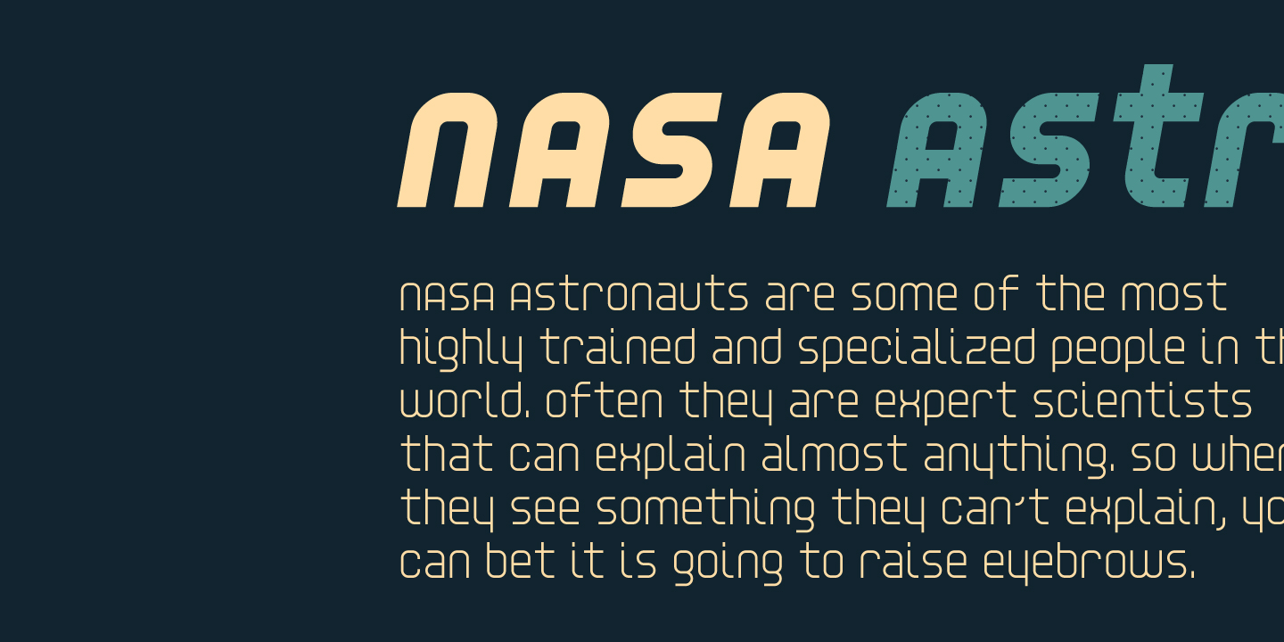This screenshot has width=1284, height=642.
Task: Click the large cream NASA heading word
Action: (x=613, y=150)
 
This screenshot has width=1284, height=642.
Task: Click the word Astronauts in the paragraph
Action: (x=629, y=296)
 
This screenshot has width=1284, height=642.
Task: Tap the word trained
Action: (x=618, y=349)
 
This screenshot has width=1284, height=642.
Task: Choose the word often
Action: (x=605, y=402)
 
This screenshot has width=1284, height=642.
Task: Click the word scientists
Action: (x=1143, y=402)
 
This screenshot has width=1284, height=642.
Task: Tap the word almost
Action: (x=834, y=456)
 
